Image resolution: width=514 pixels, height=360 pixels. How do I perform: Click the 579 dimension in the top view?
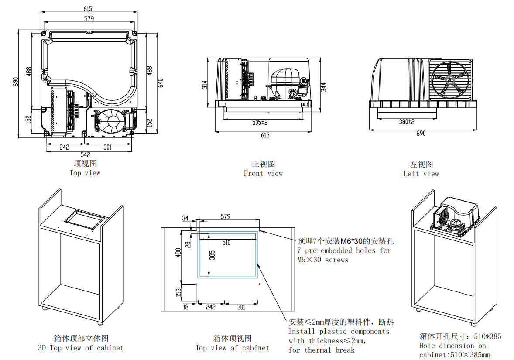[89, 19]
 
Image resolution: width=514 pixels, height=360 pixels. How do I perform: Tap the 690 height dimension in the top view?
[16, 82]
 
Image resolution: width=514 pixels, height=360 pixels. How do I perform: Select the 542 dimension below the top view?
[86, 154]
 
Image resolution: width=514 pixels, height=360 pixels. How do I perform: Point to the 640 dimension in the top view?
[160, 82]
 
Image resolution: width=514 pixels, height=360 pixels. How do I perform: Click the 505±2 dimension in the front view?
[260, 123]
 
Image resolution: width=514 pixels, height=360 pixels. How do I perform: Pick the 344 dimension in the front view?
[323, 87]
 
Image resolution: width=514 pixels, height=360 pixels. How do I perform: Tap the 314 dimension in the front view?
[205, 85]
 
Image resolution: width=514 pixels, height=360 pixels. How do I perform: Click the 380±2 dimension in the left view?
[406, 122]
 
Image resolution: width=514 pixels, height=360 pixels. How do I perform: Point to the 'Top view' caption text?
[85, 173]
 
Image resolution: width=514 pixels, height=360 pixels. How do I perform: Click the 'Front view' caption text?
[263, 173]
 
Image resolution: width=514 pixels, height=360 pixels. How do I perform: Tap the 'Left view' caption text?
[421, 174]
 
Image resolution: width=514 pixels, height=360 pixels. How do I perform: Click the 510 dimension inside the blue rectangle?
[226, 243]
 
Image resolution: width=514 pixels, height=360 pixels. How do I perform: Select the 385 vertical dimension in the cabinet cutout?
[212, 255]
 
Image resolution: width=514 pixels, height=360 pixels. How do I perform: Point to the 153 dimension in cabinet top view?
[178, 292]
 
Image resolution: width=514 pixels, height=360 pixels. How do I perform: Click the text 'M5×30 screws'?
[323, 260]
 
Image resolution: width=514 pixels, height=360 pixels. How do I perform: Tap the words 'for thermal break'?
[322, 350]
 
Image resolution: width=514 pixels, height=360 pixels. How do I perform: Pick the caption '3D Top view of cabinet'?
[81, 348]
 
